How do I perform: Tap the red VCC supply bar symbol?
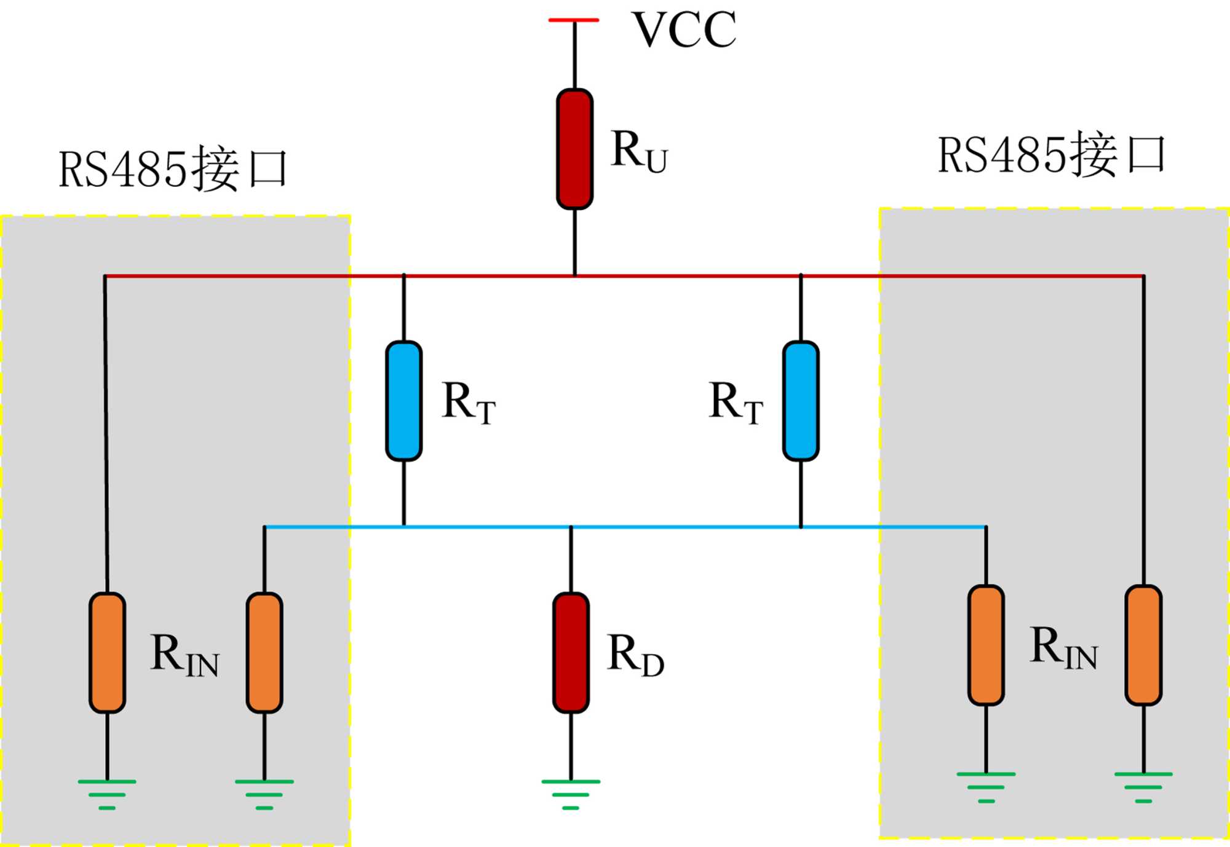(x=573, y=20)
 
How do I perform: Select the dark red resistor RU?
(x=574, y=149)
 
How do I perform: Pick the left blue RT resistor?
(x=403, y=401)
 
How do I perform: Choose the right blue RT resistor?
(x=801, y=401)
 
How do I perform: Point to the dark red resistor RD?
(x=571, y=653)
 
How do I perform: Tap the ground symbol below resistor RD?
(x=571, y=794)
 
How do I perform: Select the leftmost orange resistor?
(x=107, y=653)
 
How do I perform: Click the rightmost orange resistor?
(x=1143, y=645)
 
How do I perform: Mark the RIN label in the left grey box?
(x=184, y=655)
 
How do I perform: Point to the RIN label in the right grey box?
(x=1063, y=647)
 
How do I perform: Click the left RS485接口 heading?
(x=173, y=169)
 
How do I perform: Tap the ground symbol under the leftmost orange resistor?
(x=107, y=794)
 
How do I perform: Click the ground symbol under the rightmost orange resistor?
(x=1143, y=787)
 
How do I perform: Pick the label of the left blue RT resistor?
(x=468, y=403)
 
